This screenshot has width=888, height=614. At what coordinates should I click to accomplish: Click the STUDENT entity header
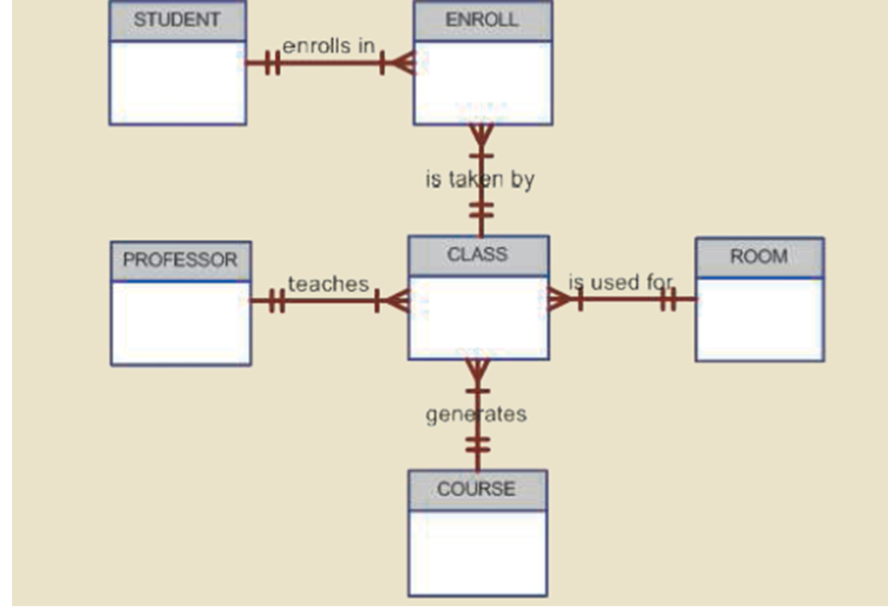click(177, 20)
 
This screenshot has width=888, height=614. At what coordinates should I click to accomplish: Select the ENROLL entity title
click(481, 20)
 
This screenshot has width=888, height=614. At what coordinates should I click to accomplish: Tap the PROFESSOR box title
click(180, 260)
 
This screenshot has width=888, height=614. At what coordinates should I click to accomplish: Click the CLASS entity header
click(477, 255)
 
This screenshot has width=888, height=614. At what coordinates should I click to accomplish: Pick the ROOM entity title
click(759, 257)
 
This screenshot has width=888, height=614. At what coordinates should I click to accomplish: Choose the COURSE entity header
click(476, 489)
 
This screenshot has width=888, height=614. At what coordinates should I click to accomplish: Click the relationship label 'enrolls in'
click(329, 46)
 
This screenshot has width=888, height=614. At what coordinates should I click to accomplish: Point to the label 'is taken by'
click(480, 180)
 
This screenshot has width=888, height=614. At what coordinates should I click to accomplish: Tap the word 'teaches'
click(328, 284)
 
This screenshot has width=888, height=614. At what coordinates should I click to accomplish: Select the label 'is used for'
click(620, 282)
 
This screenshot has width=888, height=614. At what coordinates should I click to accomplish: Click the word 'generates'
click(476, 415)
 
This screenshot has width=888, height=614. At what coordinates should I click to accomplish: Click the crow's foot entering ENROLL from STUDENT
click(401, 62)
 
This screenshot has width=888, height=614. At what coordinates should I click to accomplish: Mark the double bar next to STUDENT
click(271, 62)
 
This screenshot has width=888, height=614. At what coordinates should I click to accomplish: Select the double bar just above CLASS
click(481, 211)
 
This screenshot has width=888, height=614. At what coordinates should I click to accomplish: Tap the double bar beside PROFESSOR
click(276, 301)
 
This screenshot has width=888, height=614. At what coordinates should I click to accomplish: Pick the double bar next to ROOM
click(667, 299)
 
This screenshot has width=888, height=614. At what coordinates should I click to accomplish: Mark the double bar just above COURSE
click(477, 445)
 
